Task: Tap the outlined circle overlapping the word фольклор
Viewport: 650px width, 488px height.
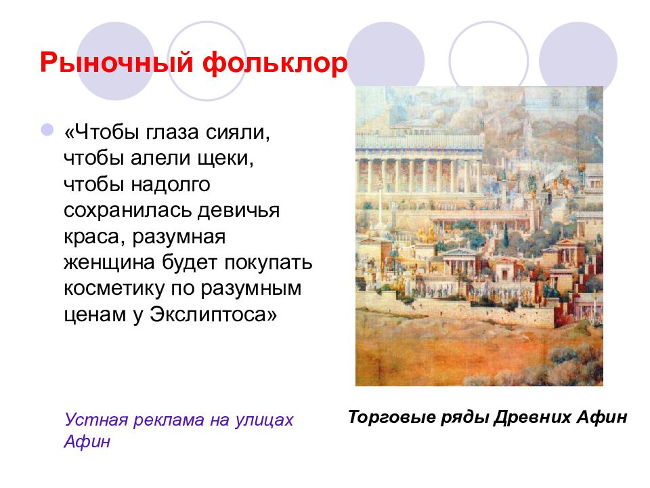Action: [207, 61]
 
